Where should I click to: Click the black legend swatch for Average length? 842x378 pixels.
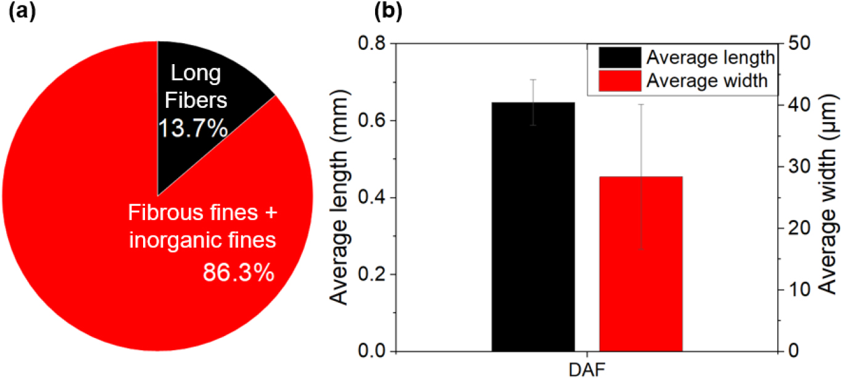[x=618, y=58]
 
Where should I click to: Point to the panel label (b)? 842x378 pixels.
[x=386, y=10]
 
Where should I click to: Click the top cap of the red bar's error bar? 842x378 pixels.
[x=642, y=105]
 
